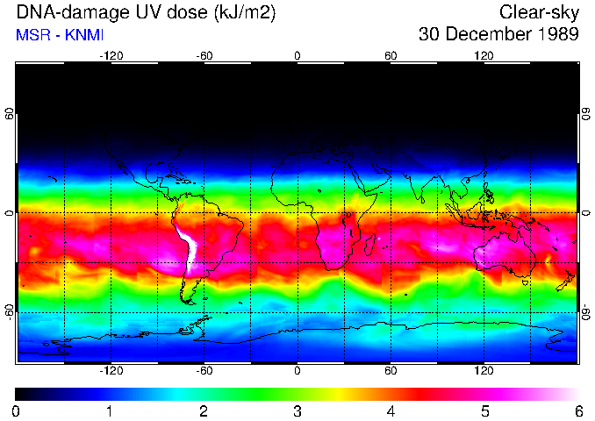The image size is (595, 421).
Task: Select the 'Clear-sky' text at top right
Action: (539, 12)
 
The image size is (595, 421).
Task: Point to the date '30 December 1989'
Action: (499, 35)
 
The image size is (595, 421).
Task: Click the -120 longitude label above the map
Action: (111, 55)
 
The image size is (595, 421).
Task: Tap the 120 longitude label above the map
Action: (484, 55)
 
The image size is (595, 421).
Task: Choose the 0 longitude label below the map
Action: (297, 371)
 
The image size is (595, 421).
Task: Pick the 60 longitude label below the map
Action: (391, 371)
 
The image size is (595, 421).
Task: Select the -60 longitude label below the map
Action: (204, 371)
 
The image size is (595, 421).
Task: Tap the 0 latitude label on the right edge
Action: (585, 213)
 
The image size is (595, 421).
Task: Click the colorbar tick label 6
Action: (578, 410)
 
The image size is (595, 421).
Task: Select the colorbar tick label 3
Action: (297, 410)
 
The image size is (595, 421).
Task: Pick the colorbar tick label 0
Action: (17, 410)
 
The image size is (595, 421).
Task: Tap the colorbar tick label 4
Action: (391, 410)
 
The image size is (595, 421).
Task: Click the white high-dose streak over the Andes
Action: (189, 250)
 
